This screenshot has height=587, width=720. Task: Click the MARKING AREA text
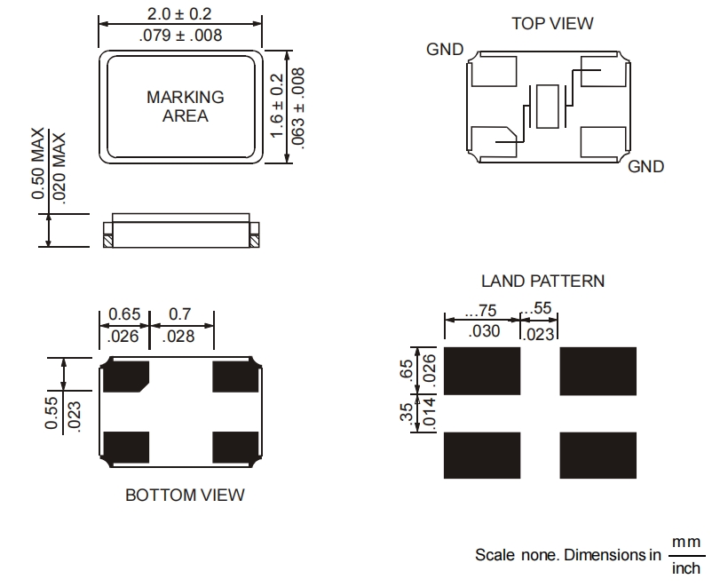(185, 107)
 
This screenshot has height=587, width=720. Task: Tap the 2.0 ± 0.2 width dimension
(181, 14)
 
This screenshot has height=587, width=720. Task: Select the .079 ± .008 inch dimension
(181, 36)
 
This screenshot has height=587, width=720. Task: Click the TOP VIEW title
(552, 23)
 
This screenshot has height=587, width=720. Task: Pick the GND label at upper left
(445, 50)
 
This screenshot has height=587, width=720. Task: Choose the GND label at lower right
(645, 166)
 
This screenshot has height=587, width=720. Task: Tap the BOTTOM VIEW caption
(185, 495)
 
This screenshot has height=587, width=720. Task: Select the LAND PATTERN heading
(542, 281)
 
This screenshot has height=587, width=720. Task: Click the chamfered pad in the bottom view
(126, 377)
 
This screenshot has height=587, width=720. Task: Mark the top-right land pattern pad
(597, 370)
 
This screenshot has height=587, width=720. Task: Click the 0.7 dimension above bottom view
(179, 314)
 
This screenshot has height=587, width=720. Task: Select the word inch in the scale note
(685, 568)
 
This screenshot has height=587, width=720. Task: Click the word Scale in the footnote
(494, 555)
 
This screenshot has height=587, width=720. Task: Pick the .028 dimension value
(181, 336)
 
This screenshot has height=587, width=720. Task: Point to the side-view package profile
(181, 230)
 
